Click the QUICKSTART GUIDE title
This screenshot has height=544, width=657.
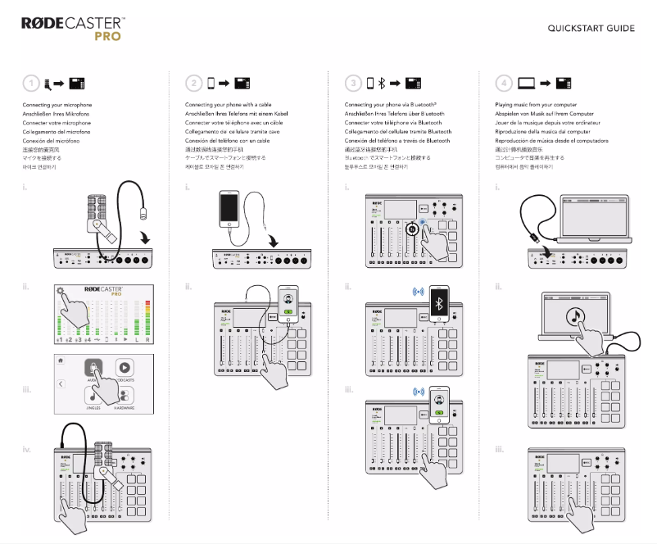coord(591,29)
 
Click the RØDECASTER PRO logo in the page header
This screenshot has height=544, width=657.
coord(73,29)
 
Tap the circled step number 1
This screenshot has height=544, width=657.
coord(30,83)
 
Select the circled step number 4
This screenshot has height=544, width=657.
coord(504,83)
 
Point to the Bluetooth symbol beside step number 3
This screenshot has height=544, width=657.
coord(381,83)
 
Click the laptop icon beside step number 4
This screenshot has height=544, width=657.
coord(527,83)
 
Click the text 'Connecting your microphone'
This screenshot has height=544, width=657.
coord(57,106)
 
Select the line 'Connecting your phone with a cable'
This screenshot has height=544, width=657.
coord(229,106)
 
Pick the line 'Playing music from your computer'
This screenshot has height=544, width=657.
coord(536,106)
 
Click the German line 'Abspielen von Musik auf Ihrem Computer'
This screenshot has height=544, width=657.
coord(544,115)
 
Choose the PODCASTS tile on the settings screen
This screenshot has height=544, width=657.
coord(125,371)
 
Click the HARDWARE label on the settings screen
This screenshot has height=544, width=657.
coord(125,407)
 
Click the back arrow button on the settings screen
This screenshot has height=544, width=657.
coord(61,383)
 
